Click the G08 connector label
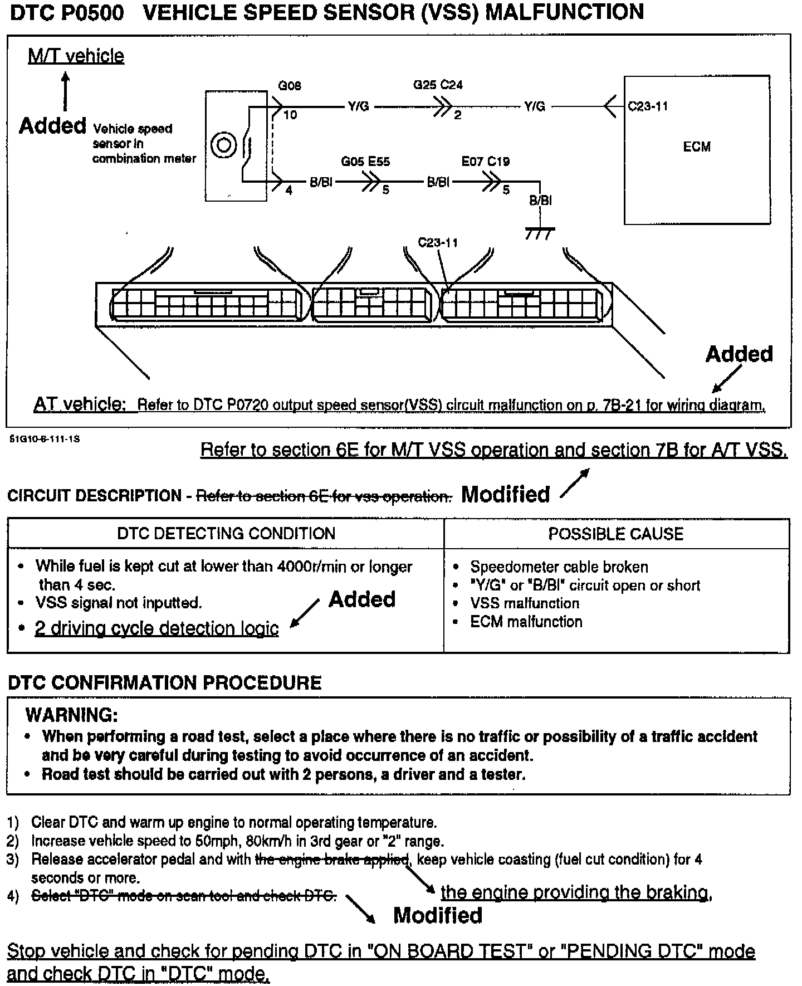pyautogui.click(x=290, y=86)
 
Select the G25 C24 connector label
pyautogui.click(x=438, y=85)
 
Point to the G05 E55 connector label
pyautogui.click(x=365, y=162)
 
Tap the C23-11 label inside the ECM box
pyautogui.click(x=648, y=106)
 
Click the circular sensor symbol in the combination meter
pyautogui.click(x=224, y=146)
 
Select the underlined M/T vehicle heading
pyautogui.click(x=76, y=56)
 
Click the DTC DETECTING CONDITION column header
pyautogui.click(x=226, y=534)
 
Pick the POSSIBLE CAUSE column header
pyautogui.click(x=616, y=534)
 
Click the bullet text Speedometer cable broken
pyautogui.click(x=559, y=567)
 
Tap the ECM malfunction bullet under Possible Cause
pyautogui.click(x=526, y=622)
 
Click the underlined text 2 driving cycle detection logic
pyautogui.click(x=157, y=628)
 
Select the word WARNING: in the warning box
pyautogui.click(x=72, y=715)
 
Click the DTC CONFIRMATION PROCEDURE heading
pyautogui.click(x=165, y=683)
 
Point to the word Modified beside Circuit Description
pyautogui.click(x=506, y=494)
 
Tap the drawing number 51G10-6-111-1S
pyautogui.click(x=45, y=439)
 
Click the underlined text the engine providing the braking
pyautogui.click(x=576, y=892)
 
